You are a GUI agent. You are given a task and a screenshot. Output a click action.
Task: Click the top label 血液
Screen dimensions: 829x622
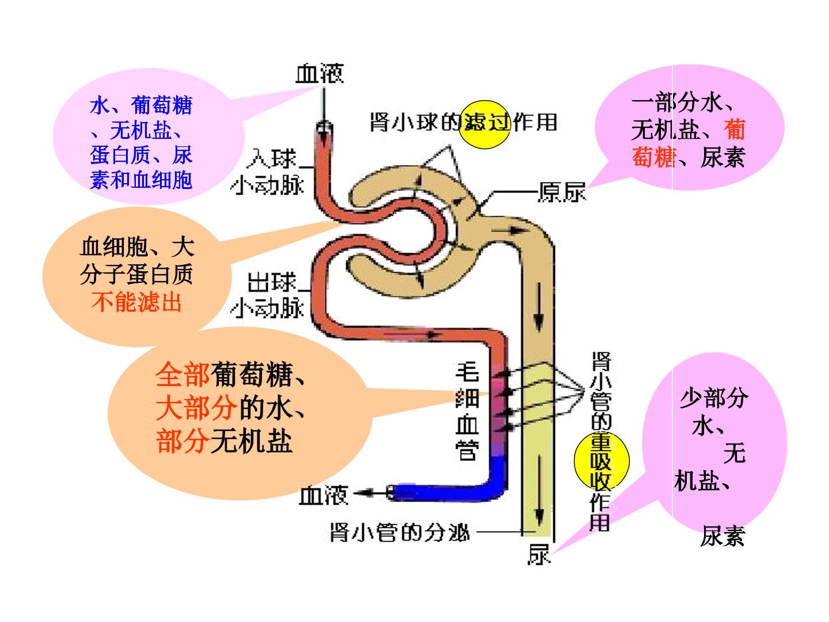[319, 73]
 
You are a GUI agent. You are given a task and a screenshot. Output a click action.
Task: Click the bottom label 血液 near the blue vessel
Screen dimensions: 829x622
[323, 495]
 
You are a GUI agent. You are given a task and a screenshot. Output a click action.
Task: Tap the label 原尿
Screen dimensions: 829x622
[562, 192]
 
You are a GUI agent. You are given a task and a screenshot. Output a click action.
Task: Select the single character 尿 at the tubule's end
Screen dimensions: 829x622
[539, 555]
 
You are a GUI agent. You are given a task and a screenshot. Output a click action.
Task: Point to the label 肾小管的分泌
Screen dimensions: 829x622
[400, 533]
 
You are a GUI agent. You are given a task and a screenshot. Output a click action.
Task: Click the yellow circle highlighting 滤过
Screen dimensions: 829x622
[485, 124]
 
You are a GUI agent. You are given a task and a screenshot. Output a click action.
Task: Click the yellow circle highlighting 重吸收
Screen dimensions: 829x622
[601, 461]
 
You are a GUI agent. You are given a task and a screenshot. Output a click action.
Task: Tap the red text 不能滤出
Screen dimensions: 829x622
[136, 302]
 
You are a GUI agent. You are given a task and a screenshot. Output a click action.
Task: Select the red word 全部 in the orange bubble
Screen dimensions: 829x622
[182, 374]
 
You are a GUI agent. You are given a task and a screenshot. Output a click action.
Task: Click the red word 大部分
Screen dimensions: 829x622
[196, 408]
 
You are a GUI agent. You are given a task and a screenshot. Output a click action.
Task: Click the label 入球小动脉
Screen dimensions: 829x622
[267, 173]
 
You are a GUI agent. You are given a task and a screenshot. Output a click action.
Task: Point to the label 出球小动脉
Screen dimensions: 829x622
[267, 295]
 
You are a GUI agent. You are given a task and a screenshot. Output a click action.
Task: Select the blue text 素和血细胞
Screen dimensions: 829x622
[141, 180]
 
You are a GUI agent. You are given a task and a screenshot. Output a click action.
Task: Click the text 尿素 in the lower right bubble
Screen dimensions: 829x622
[722, 536]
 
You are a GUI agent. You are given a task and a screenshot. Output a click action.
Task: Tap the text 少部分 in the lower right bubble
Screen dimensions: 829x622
[714, 398]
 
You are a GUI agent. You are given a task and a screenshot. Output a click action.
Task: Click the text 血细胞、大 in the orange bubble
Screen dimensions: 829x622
[137, 247]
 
